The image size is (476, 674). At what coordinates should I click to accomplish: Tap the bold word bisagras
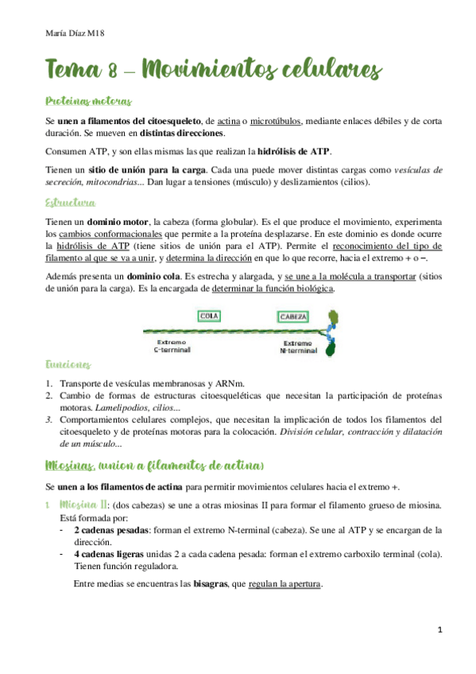click(202, 583)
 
